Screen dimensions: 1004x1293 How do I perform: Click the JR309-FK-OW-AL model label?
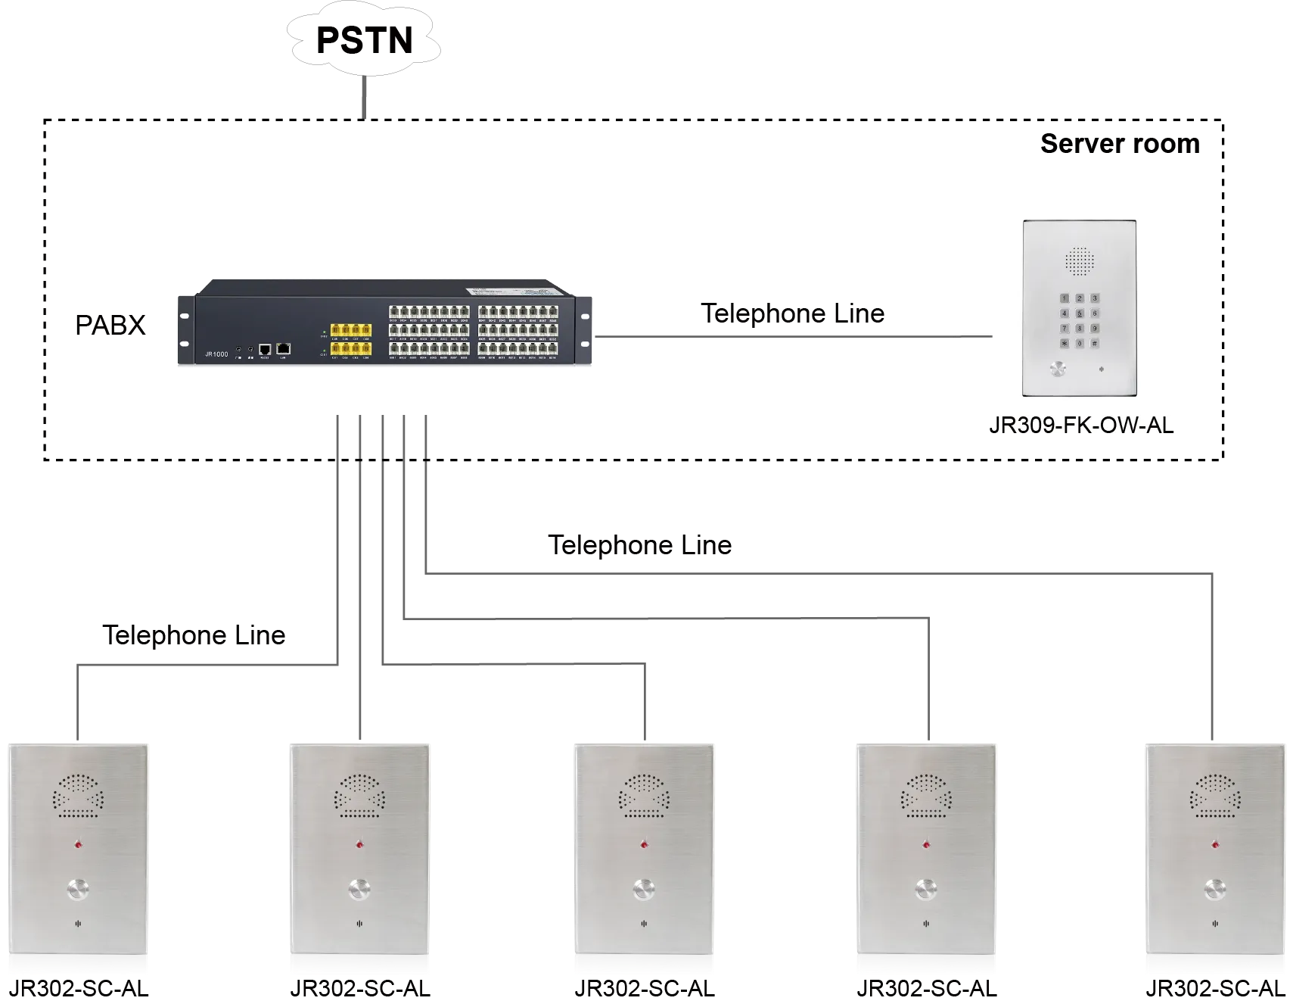(1081, 426)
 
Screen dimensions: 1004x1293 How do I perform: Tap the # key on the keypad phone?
(1094, 343)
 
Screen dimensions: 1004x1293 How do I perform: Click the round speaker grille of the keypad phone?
(1080, 261)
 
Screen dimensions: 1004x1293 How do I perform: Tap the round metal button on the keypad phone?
(1056, 370)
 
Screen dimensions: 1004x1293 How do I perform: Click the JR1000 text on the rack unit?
(216, 354)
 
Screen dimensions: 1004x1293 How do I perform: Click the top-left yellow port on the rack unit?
(335, 330)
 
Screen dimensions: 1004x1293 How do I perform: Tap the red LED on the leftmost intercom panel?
(78, 844)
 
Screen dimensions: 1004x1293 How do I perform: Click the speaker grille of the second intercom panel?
(360, 796)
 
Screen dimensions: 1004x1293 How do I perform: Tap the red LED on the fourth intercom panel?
(926, 844)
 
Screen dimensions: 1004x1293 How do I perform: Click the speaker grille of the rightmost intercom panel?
(1215, 796)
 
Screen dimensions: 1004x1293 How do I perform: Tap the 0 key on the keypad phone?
(1080, 343)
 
